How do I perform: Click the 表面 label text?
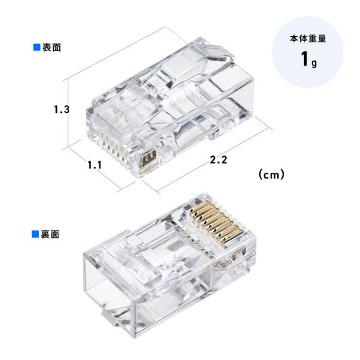click(52, 48)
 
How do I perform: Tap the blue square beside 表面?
click(37, 48)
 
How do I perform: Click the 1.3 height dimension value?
click(61, 110)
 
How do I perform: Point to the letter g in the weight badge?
click(313, 62)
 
